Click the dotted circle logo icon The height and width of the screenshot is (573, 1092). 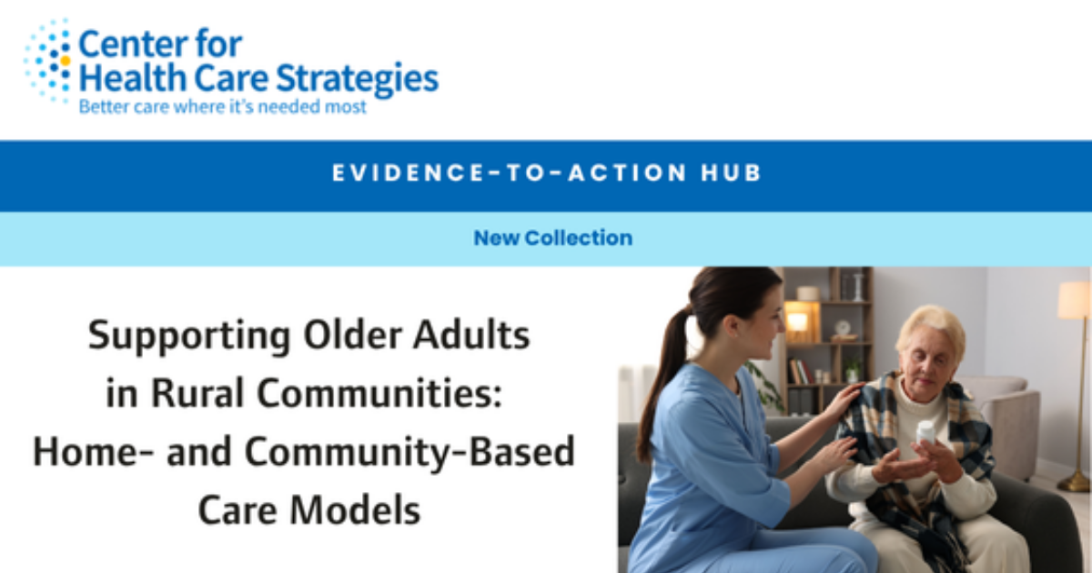tap(48, 60)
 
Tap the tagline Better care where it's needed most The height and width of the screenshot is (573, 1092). tap(223, 107)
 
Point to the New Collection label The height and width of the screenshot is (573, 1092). tap(552, 238)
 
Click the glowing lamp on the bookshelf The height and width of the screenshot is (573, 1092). tap(798, 320)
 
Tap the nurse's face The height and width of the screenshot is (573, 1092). tap(759, 322)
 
